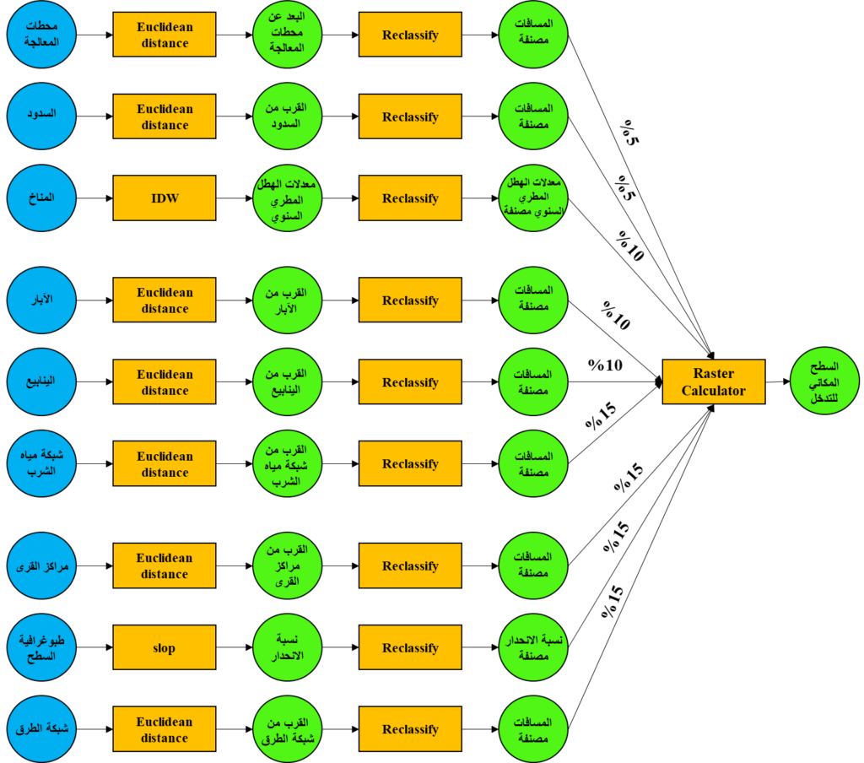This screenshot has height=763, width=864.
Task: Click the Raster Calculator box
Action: tap(714, 381)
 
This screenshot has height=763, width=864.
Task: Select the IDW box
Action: tap(165, 198)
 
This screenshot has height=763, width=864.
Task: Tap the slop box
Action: tap(165, 647)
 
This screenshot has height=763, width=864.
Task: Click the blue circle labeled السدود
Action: tap(42, 116)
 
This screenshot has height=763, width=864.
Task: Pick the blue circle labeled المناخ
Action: tap(42, 198)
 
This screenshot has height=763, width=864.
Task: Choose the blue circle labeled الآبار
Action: tap(42, 300)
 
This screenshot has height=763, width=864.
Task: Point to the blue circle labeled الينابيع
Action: tap(42, 381)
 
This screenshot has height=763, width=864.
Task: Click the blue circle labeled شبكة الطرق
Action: tap(42, 729)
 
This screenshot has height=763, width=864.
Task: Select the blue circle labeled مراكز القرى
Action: tap(42, 565)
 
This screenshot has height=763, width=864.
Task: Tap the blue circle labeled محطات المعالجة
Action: tap(42, 35)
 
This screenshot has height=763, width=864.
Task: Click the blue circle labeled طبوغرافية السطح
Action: tap(42, 647)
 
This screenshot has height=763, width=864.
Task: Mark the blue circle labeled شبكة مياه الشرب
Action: tap(42, 463)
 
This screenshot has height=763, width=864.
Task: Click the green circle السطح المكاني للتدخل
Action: tap(824, 381)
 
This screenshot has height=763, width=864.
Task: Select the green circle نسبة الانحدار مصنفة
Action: tap(533, 647)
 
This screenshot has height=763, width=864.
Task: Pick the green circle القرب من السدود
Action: tap(288, 116)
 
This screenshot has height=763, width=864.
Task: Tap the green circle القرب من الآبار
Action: tap(288, 300)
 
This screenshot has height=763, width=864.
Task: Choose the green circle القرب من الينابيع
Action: tap(288, 381)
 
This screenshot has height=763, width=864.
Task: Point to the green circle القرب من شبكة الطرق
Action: tap(288, 729)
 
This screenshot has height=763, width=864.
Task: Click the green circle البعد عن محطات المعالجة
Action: tap(288, 35)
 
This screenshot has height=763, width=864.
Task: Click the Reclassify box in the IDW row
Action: tap(410, 198)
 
